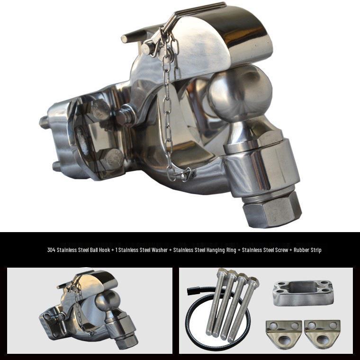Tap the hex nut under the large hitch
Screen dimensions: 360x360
pos(272,209)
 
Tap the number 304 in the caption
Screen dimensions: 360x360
pos(51,250)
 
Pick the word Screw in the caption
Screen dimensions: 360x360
pos(281,250)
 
